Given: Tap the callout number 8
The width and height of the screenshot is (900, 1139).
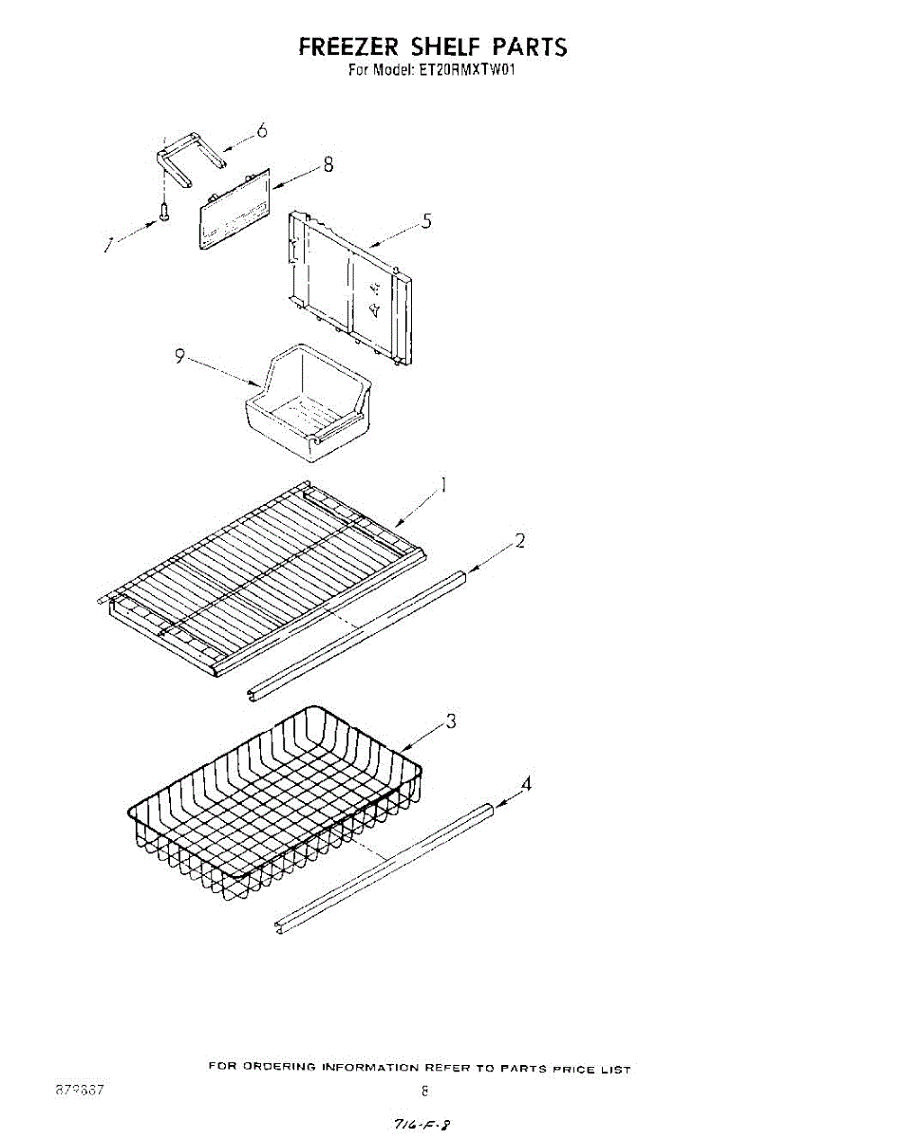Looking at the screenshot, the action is pos(328,163).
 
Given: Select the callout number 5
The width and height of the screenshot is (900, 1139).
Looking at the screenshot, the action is pos(427,221).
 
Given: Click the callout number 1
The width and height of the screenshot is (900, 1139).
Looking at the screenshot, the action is pos(442,486).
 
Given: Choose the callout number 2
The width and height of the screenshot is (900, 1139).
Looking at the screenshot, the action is pos(520,541).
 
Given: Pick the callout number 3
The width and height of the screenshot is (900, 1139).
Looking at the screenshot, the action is pos(451,721).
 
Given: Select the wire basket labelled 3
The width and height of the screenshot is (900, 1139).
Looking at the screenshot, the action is pos(275,802).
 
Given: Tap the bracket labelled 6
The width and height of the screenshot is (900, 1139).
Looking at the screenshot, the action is pos(179,156).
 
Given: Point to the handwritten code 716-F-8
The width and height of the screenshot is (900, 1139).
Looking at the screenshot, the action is pos(414,1124).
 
